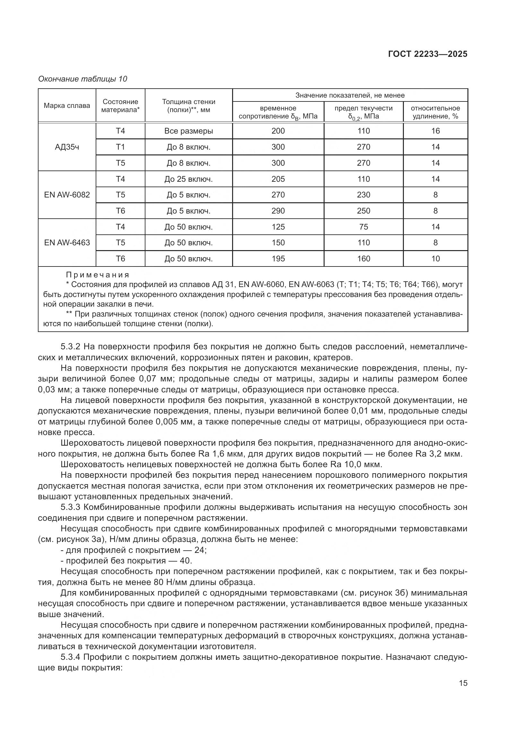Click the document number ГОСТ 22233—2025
427,54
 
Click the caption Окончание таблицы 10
83,79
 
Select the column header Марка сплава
67,106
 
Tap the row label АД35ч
67,147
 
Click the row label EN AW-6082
67,195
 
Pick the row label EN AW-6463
67,243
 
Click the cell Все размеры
189,131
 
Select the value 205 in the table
278,179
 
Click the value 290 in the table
278,211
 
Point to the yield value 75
363,227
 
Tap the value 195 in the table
278,259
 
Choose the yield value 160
363,259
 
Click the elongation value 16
435,131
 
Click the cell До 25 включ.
189,179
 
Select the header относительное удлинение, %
435,112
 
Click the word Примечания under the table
98,275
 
